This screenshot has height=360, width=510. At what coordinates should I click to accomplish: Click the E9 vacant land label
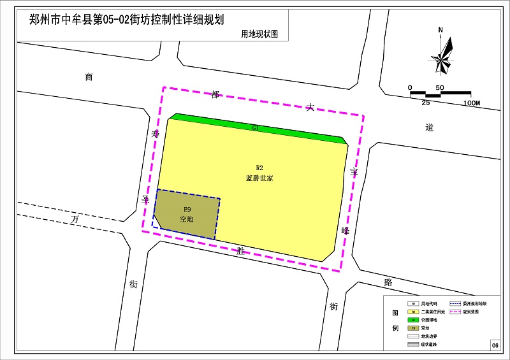pyautogui.click(x=187, y=209)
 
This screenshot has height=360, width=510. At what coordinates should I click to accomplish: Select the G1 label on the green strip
pyautogui.click(x=256, y=128)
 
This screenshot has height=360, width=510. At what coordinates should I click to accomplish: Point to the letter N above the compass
pyautogui.click(x=441, y=29)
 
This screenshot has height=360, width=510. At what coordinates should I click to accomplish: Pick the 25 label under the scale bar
pyautogui.click(x=425, y=103)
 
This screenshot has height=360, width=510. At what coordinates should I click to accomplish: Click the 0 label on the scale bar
pyautogui.click(x=411, y=87)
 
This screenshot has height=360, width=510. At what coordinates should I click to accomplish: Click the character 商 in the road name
pyautogui.click(x=89, y=77)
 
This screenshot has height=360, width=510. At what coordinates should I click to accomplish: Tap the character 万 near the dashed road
pyautogui.click(x=75, y=219)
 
